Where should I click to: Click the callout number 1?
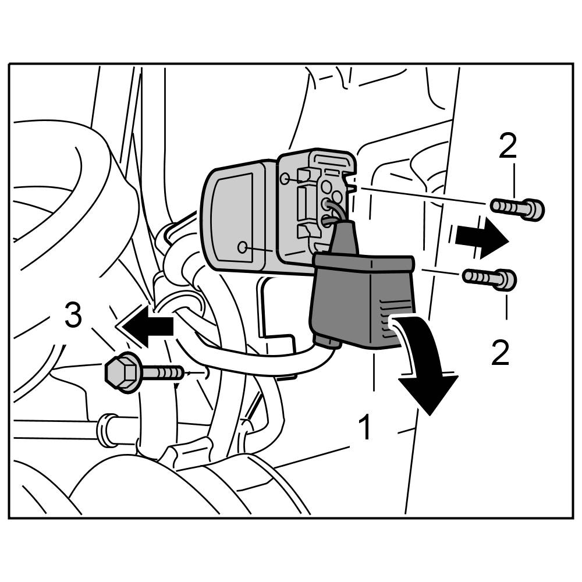click(364, 428)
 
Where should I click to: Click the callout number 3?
click(73, 318)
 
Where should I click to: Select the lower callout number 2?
click(500, 353)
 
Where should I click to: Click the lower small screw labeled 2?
click(489, 278)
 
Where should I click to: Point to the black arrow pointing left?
click(146, 326)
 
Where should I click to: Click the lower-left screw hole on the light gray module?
click(243, 247)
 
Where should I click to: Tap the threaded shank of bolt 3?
click(164, 372)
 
